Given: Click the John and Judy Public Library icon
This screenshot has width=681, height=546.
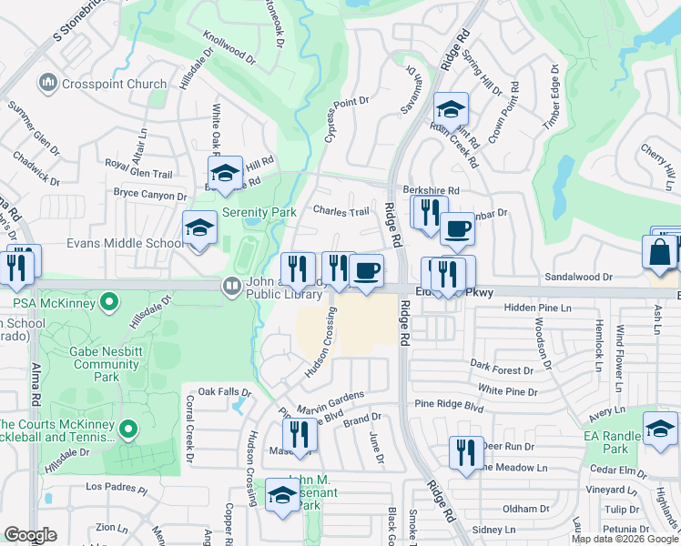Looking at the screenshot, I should click(x=232, y=287).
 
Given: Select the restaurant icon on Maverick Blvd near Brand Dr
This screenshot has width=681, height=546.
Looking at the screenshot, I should click(x=300, y=435).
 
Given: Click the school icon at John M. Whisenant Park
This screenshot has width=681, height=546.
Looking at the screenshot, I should click(x=282, y=496).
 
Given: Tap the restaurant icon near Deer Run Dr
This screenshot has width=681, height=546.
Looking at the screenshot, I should click(x=466, y=452).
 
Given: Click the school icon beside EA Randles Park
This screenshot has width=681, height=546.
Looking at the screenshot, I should click(x=660, y=428).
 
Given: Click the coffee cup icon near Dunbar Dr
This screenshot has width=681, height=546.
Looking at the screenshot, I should click(x=457, y=228).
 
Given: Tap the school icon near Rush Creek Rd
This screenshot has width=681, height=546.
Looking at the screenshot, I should click(x=450, y=110).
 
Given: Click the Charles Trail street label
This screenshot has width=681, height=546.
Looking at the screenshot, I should click(x=341, y=211).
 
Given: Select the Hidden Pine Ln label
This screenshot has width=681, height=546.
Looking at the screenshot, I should click(x=539, y=309).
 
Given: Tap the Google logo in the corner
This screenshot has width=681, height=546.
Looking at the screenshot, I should click(x=31, y=535).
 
